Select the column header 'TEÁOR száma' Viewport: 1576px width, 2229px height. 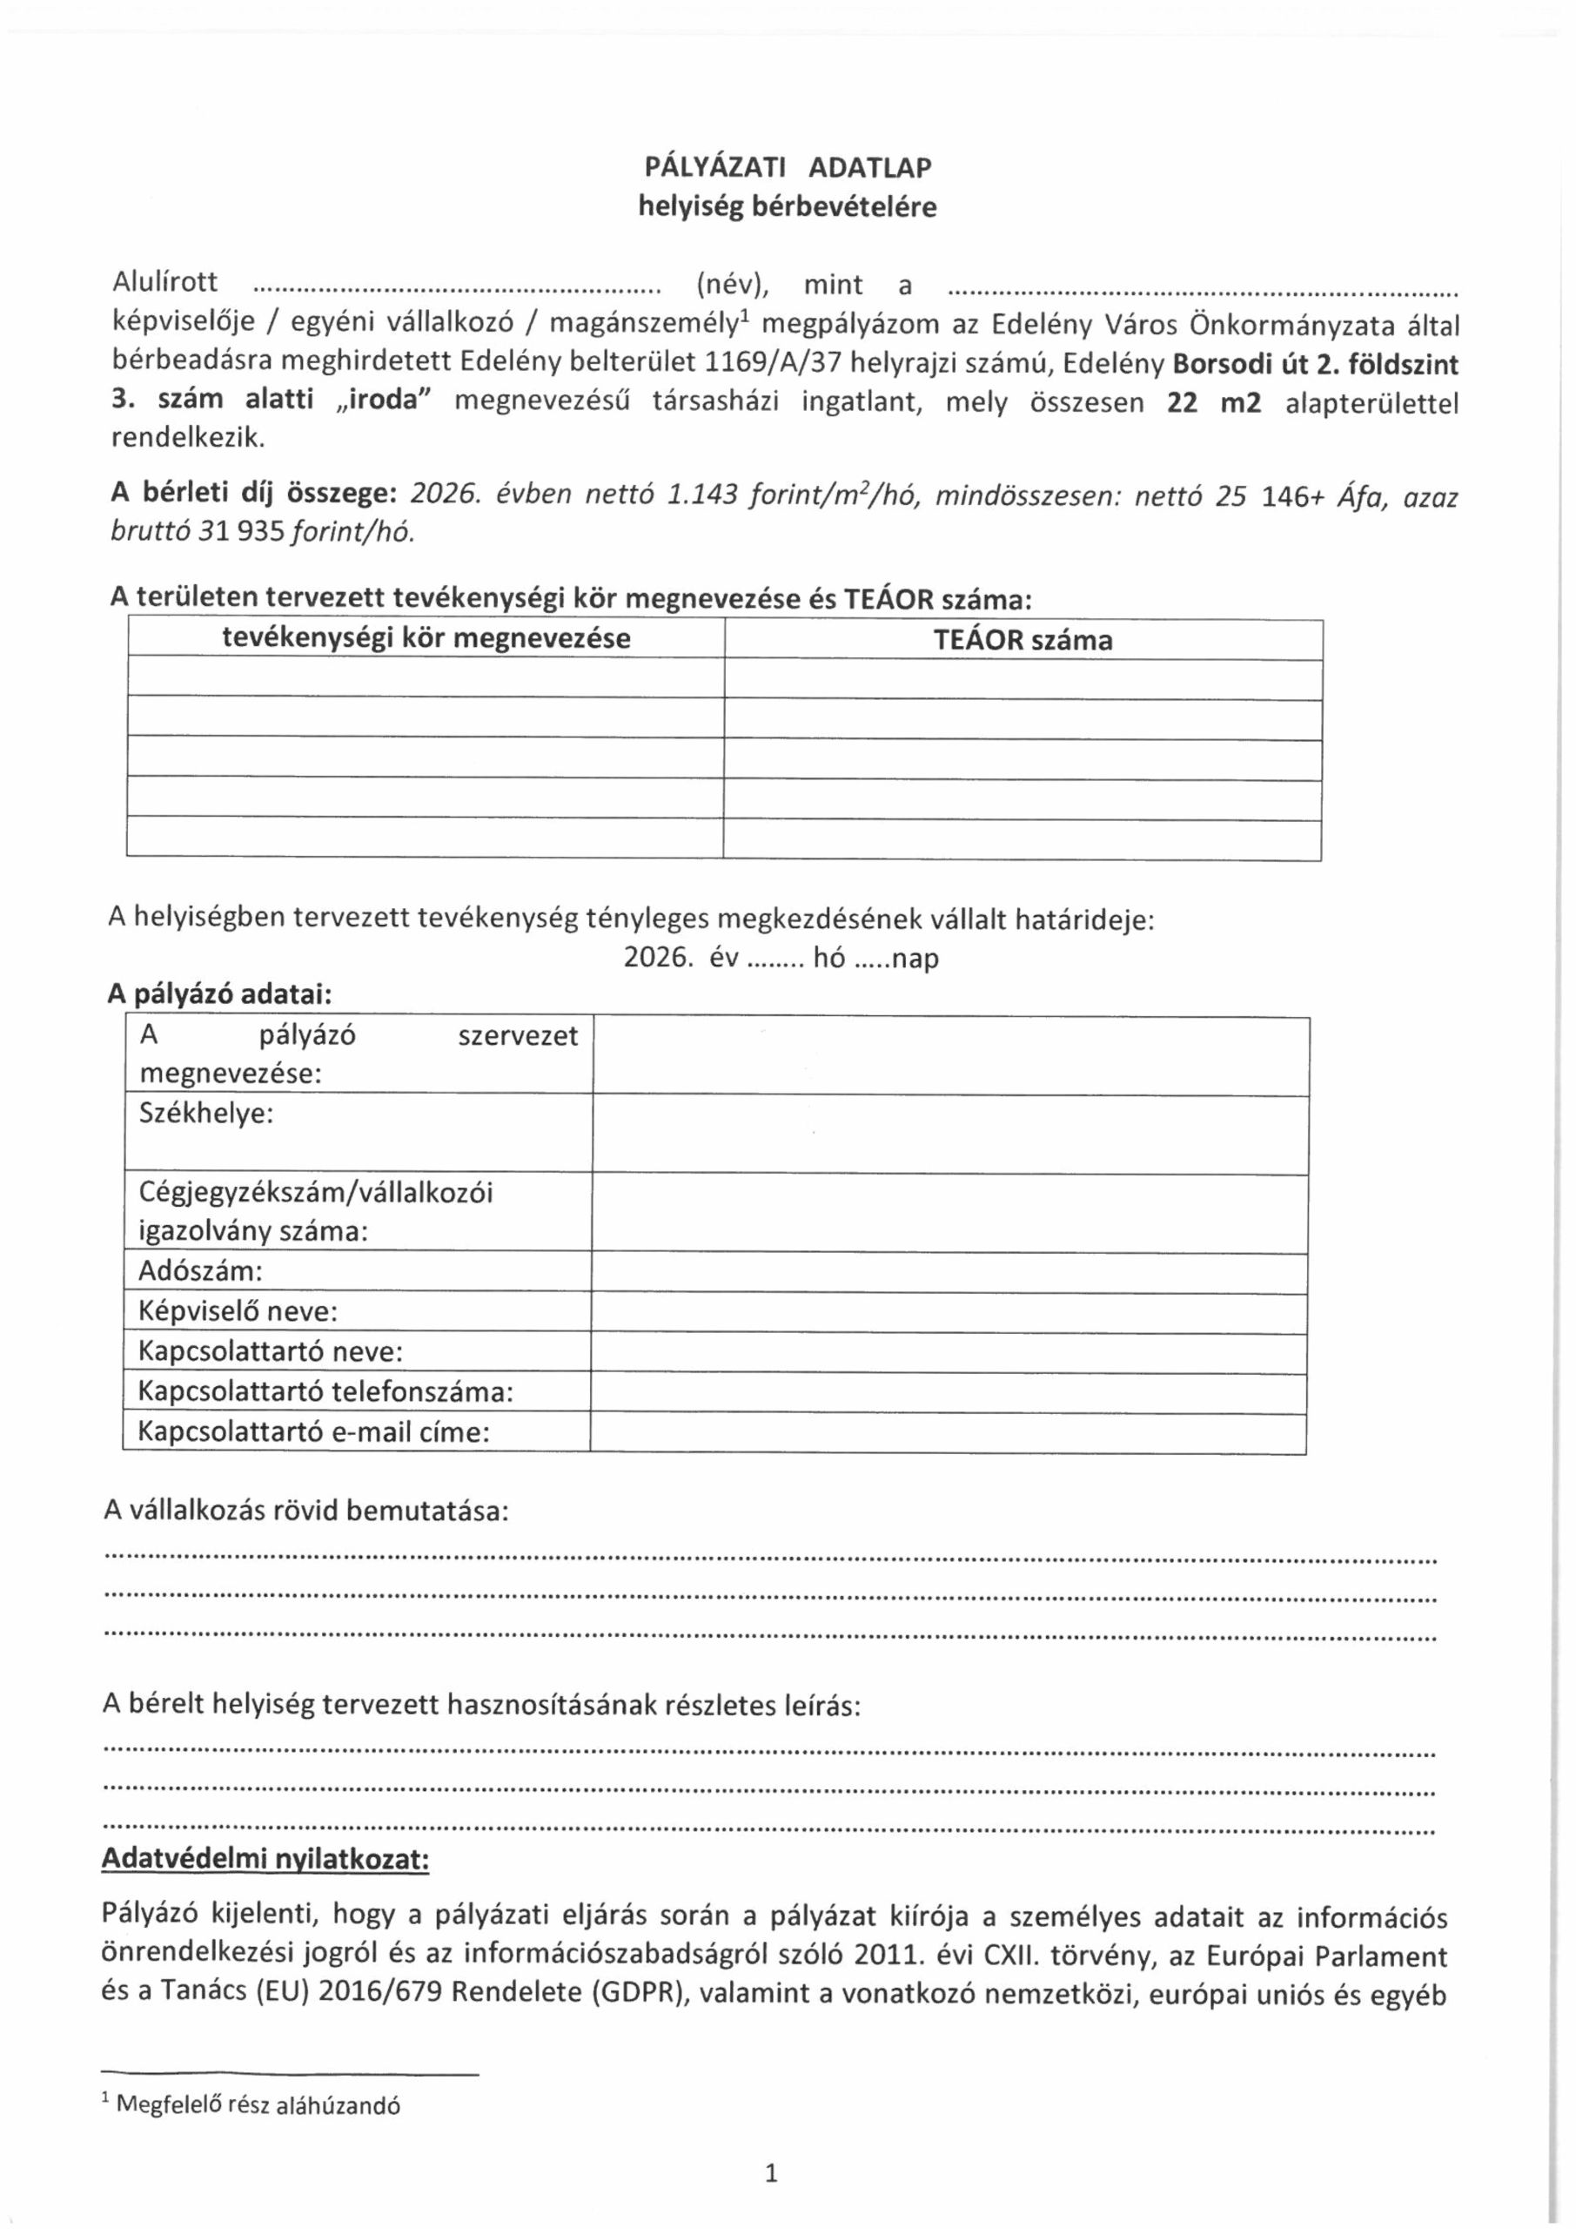tap(1023, 641)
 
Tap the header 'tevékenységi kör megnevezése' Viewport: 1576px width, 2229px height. tap(426, 639)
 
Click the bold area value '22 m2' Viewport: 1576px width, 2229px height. tap(1213, 403)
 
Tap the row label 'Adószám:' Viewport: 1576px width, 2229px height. tap(200, 1272)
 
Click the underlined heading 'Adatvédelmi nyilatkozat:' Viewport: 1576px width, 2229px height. tap(265, 1859)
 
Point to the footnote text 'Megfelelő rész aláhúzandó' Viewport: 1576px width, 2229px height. tap(258, 2104)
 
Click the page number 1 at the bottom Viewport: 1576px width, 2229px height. tap(772, 2173)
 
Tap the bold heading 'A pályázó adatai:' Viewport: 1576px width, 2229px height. tap(219, 995)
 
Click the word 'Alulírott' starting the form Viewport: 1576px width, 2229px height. tap(165, 282)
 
